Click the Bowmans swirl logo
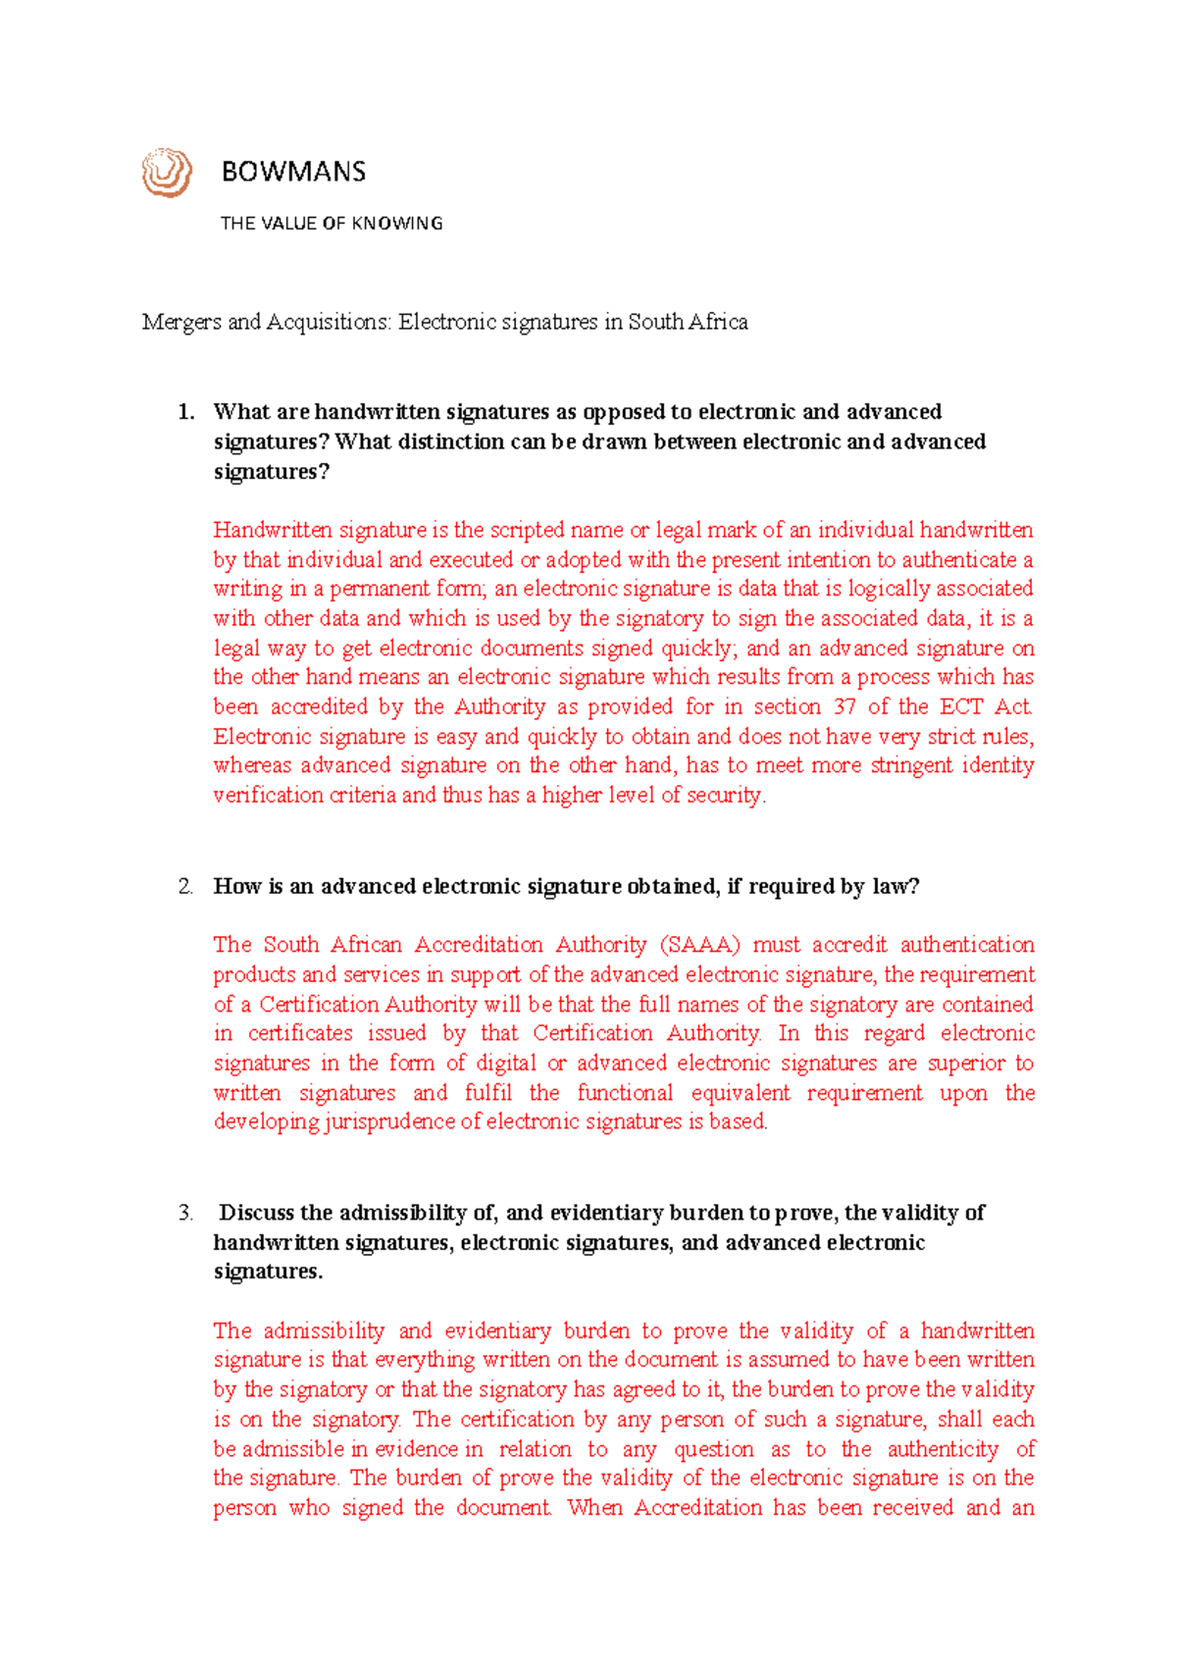tap(166, 173)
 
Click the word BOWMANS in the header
tap(293, 172)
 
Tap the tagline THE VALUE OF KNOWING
tap(332, 224)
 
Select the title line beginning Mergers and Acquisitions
tap(444, 322)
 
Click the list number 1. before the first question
tap(186, 412)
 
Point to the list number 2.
tap(186, 887)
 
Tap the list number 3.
tap(186, 1214)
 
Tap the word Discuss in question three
tap(257, 1214)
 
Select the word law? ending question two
tap(896, 887)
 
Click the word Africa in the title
tap(717, 322)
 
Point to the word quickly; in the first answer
tap(697, 649)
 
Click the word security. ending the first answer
tap(726, 796)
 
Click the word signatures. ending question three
tap(268, 1272)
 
